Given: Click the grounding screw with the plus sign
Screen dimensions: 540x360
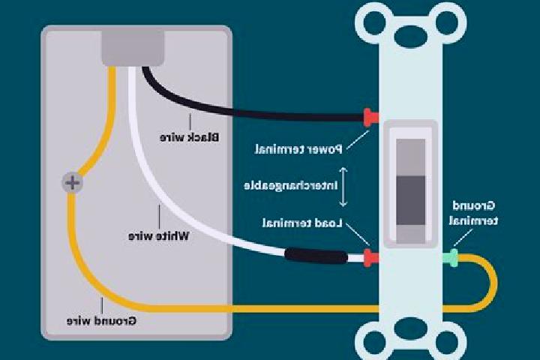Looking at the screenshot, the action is (x=72, y=182).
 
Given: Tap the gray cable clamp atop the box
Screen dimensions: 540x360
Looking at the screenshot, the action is (x=133, y=48).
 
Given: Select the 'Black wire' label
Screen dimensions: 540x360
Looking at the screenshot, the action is (x=190, y=137).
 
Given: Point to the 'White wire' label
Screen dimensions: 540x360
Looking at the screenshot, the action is (x=159, y=236).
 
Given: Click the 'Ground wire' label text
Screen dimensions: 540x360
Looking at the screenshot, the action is (x=101, y=321).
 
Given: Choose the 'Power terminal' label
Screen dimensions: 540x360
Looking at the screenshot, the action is (x=298, y=149).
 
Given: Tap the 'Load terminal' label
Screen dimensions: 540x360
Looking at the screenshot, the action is (x=302, y=223).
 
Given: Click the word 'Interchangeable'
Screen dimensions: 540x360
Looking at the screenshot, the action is (x=291, y=186).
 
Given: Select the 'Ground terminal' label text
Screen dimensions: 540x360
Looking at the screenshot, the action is (x=473, y=213).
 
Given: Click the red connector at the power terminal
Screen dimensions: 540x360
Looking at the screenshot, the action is (x=371, y=118).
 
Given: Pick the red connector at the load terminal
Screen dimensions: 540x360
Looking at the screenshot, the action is (x=371, y=258).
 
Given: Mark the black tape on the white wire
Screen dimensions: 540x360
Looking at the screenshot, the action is (x=316, y=256).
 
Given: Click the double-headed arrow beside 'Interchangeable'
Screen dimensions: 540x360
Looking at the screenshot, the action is (x=343, y=187).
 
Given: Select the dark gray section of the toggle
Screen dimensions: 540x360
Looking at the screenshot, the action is (x=411, y=200).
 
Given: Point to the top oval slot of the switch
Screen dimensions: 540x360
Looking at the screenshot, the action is (x=411, y=34).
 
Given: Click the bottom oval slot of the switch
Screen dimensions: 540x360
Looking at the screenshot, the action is (x=411, y=329).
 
